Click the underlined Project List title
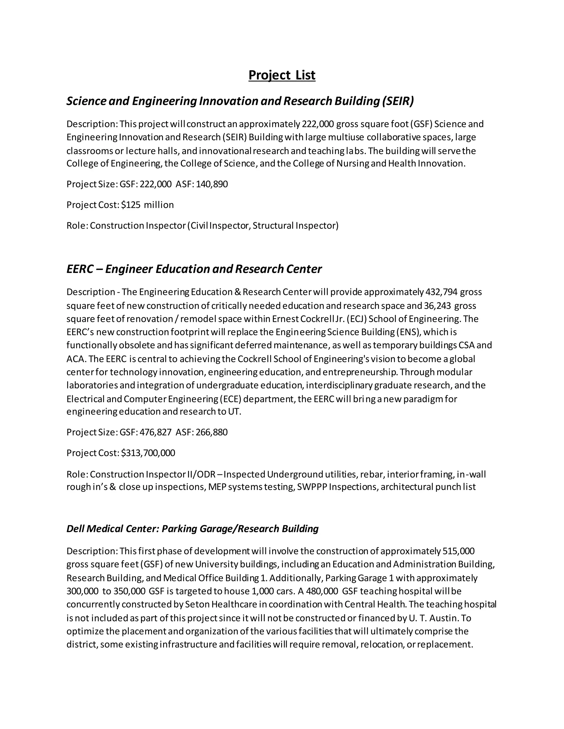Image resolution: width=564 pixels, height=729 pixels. (x=282, y=75)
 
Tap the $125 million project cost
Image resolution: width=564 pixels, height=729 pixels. (x=147, y=205)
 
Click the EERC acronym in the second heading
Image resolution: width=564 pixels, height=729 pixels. (x=80, y=269)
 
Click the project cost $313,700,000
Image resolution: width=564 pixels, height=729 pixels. (x=148, y=453)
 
